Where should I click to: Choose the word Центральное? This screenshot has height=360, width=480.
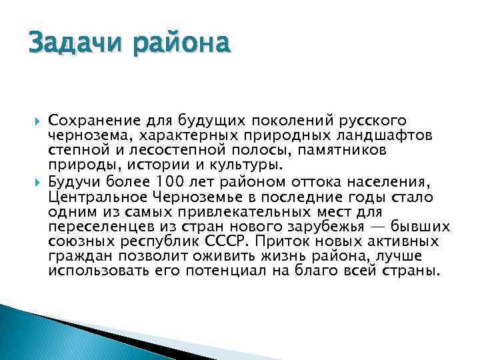[x=93, y=197]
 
